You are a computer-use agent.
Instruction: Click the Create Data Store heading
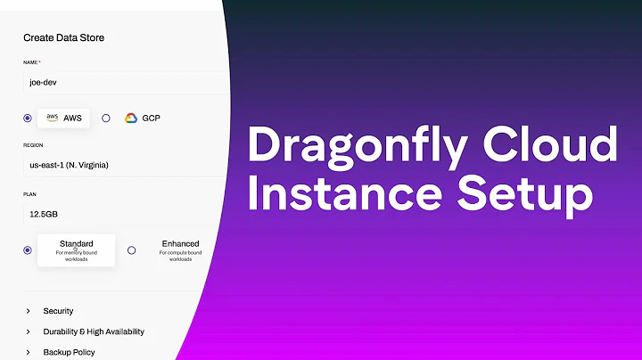(63, 37)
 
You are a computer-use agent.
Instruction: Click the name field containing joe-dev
(116, 82)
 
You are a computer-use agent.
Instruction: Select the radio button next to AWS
(28, 118)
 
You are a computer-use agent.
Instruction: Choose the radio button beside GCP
(106, 118)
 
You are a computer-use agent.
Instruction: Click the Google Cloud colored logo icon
(130, 118)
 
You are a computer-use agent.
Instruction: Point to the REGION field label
(34, 144)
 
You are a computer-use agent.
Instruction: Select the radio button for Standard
(28, 250)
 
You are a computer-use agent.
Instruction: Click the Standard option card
(77, 250)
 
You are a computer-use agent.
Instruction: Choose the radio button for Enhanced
(131, 250)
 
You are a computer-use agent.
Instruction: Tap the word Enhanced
(180, 243)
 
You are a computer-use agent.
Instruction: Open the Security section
(58, 311)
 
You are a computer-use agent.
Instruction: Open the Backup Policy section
(69, 352)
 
